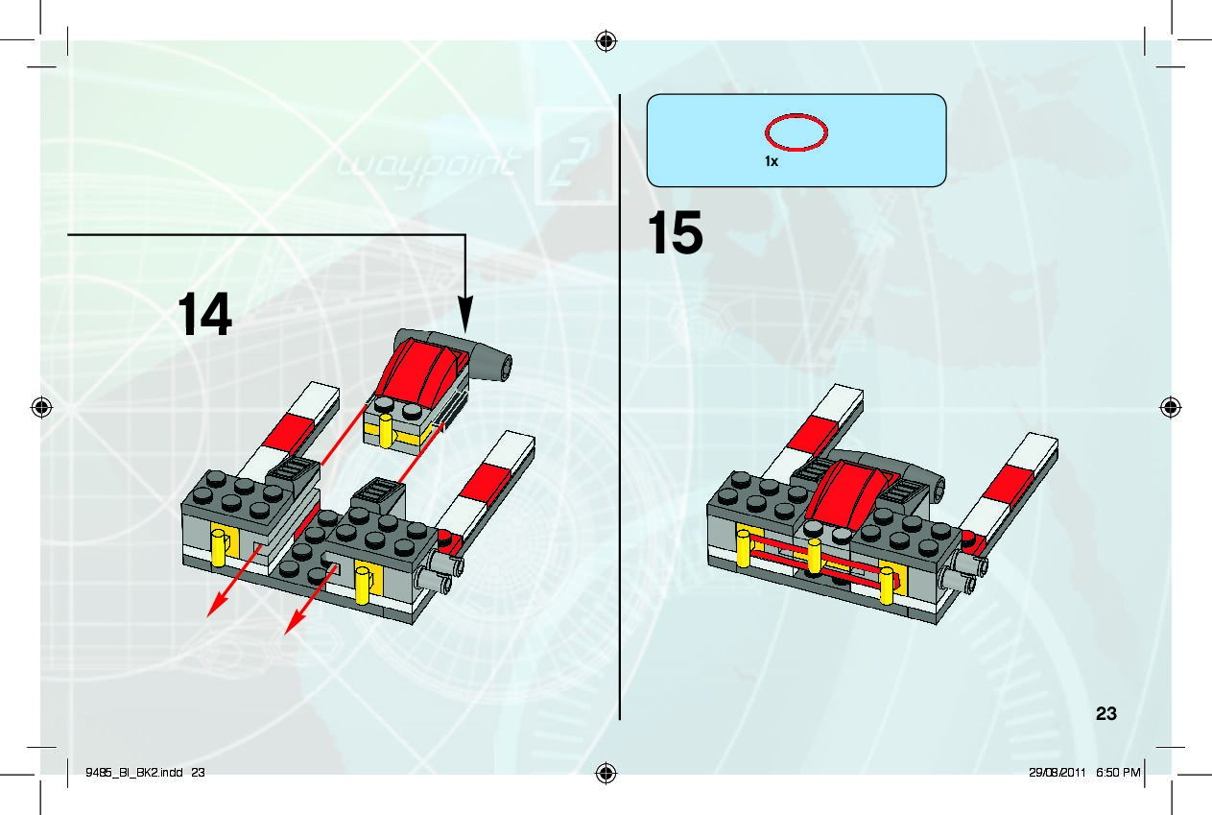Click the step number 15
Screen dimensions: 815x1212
pos(675,234)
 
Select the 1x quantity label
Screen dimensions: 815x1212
pos(771,162)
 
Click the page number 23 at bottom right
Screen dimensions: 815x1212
pos(1105,713)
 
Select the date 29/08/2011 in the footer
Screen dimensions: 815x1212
pos(1056,772)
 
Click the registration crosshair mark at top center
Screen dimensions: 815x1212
pos(606,40)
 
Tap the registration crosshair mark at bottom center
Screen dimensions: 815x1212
pos(606,773)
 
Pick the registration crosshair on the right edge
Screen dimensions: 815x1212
pos(1171,407)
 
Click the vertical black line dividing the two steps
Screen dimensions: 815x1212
pos(620,403)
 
